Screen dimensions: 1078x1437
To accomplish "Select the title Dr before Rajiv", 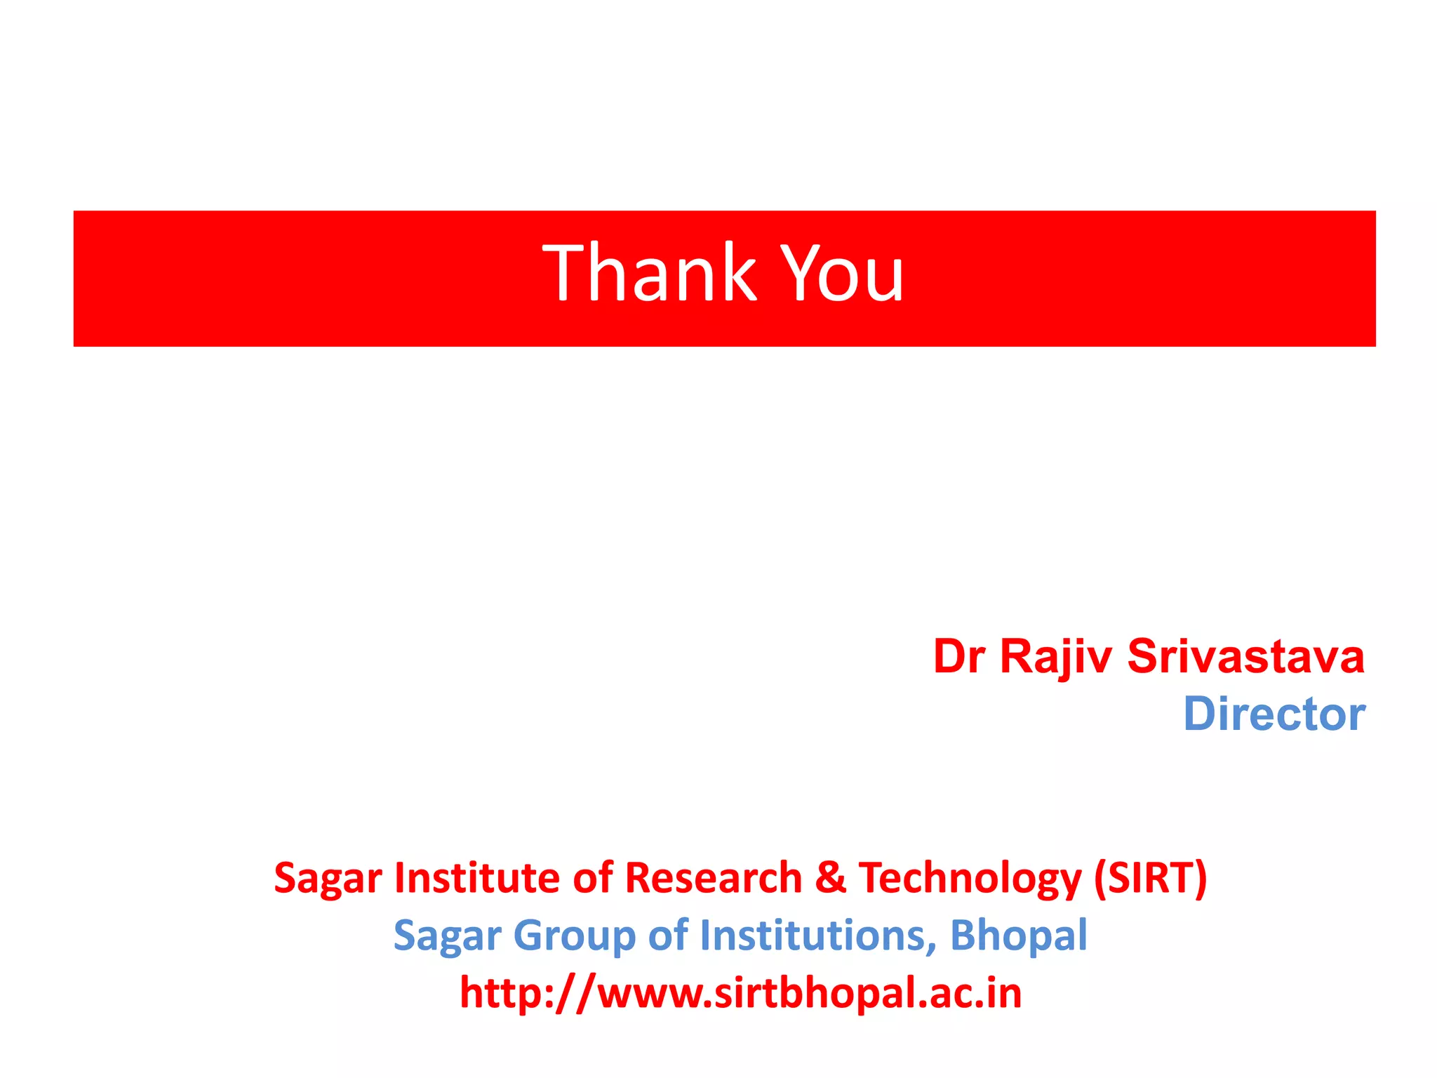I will click(x=959, y=657).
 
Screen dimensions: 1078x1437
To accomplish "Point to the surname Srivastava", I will click(x=1245, y=657).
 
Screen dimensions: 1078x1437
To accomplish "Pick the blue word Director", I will click(x=1274, y=714).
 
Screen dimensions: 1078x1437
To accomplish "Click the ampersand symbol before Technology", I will click(x=831, y=877).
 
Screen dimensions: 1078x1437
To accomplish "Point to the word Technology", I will click(x=970, y=879).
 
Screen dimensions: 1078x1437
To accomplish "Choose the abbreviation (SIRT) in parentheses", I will click(x=1151, y=877).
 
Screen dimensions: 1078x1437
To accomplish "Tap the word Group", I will click(x=574, y=936).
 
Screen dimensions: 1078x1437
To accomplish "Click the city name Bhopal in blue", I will click(x=1018, y=936).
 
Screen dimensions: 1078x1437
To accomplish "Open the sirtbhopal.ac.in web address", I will click(x=740, y=993).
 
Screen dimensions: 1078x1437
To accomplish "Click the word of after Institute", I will click(x=594, y=877).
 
